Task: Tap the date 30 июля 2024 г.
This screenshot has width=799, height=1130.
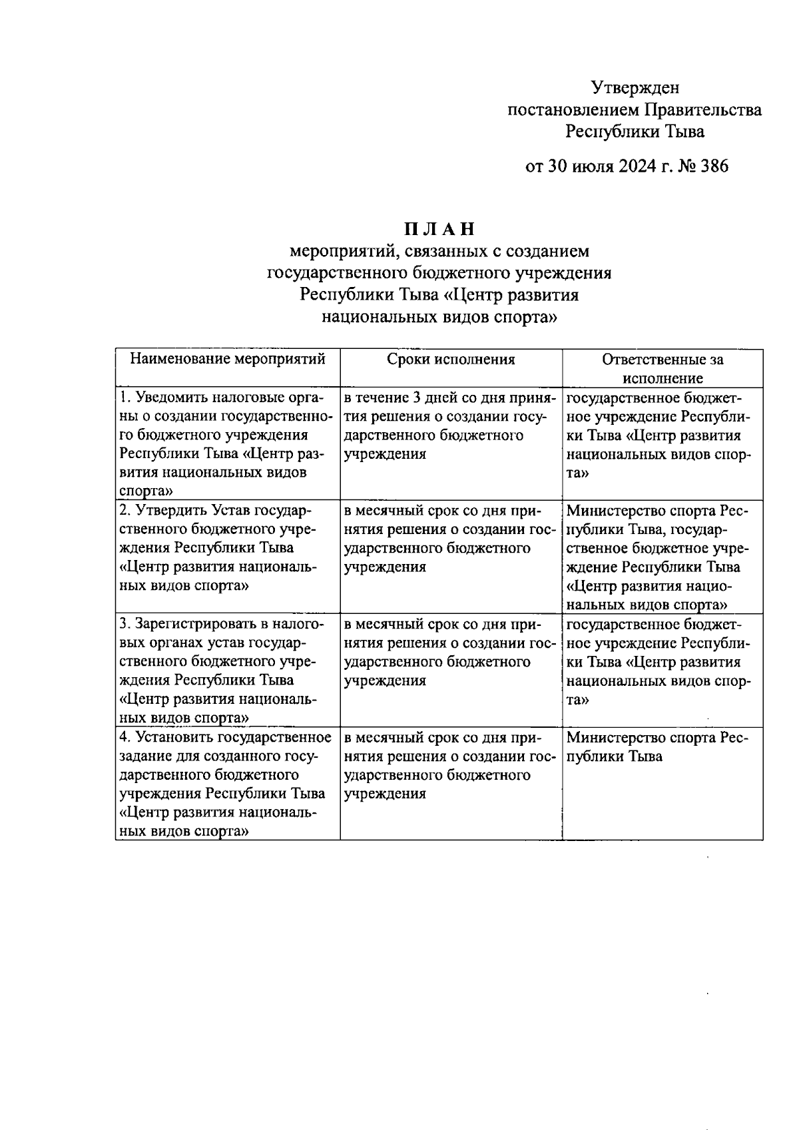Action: coord(611,166)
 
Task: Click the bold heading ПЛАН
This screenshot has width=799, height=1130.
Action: coord(439,229)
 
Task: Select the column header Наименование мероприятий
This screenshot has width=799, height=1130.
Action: coord(228,360)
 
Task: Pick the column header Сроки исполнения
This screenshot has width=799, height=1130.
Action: coord(451,360)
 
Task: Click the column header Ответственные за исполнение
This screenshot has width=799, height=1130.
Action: coord(663,369)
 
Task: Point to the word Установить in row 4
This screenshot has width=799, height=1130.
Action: coord(176,738)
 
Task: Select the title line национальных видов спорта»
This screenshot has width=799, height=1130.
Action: coord(439,317)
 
